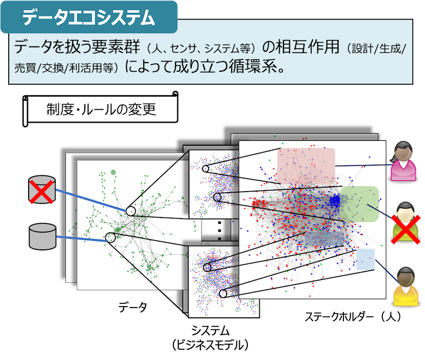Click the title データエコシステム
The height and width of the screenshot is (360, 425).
[x=89, y=17]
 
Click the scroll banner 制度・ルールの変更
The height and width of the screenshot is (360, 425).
[x=100, y=109]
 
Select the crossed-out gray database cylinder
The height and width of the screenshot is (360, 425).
[x=42, y=189]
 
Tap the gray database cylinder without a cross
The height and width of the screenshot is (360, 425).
[x=43, y=236]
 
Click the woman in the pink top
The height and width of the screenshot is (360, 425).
[x=403, y=161]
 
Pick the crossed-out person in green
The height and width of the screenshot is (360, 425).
[x=406, y=222]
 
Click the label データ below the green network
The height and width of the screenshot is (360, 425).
[x=132, y=307]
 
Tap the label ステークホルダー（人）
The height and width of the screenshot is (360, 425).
[x=353, y=316]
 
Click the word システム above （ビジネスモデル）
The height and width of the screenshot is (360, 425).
[x=210, y=331]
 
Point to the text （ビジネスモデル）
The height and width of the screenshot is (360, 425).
[x=210, y=345]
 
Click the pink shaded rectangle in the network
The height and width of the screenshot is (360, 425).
[x=306, y=166]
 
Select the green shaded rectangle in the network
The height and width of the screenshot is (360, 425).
[x=359, y=204]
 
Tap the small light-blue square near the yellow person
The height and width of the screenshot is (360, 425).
[x=366, y=259]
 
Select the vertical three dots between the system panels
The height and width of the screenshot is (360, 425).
[x=220, y=231]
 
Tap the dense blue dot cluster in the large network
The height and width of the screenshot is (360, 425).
[x=335, y=201]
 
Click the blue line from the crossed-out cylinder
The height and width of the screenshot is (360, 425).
[x=91, y=200]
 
